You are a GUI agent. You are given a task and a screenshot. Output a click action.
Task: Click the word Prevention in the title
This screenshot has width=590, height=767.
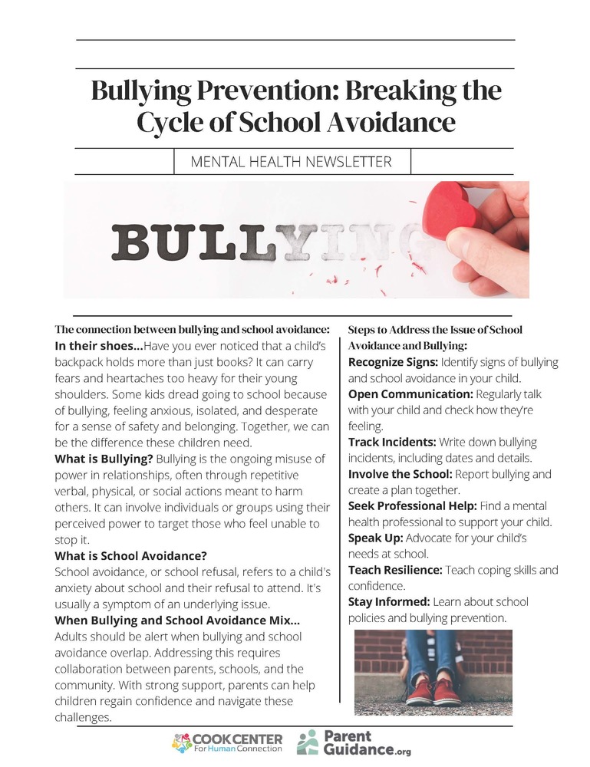[258, 91]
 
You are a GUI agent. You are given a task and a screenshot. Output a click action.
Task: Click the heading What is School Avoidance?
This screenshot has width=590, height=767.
[131, 555]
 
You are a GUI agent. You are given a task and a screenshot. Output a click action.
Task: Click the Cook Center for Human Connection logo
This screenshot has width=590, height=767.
[227, 742]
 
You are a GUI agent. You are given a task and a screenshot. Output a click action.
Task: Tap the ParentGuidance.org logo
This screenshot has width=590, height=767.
[354, 742]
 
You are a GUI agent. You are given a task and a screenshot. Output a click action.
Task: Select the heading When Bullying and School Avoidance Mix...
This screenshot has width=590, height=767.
[177, 621]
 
